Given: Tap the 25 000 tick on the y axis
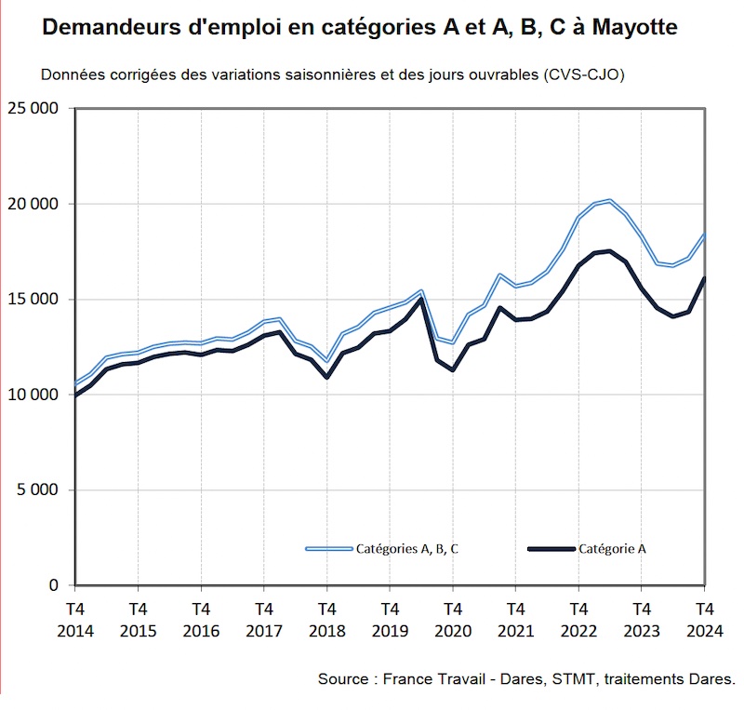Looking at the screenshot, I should (x=33, y=109).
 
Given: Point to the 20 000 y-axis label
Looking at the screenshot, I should (x=33, y=204).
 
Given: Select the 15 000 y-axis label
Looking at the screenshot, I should (x=33, y=300).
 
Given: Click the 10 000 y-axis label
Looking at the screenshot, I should (x=33, y=395).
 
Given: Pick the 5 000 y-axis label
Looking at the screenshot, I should (x=38, y=490).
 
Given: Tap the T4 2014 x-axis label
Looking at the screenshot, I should (x=74, y=619).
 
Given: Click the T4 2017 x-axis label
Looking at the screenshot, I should (x=263, y=619).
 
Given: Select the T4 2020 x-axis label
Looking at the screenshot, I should (x=452, y=619).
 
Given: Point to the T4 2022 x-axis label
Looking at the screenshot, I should (x=578, y=619).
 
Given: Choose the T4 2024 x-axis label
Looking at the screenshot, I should (x=703, y=619).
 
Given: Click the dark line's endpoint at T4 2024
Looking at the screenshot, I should (x=703, y=278).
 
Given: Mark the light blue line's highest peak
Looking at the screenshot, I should (x=609, y=200).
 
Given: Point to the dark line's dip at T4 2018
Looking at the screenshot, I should (x=326, y=377).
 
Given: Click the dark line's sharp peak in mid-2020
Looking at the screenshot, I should (x=421, y=299).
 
